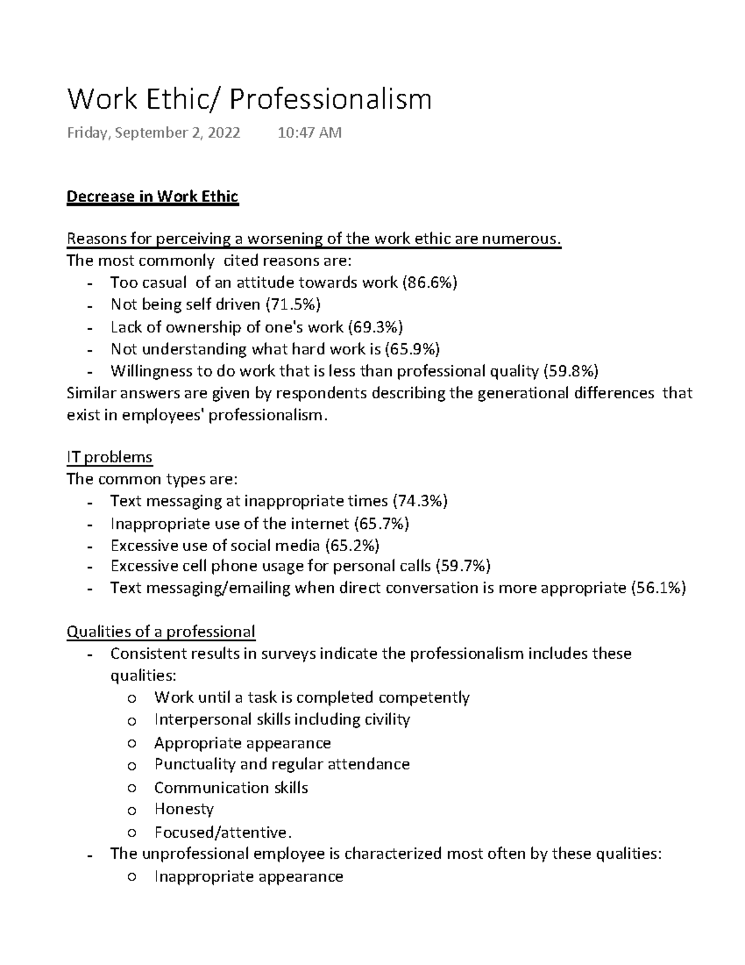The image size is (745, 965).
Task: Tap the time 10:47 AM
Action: coord(310,133)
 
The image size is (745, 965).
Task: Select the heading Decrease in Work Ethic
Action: coord(152,197)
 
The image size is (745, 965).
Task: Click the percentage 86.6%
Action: coord(430,283)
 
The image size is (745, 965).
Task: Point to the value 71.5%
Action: coord(293,304)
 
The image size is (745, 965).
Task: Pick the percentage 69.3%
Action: coord(375,327)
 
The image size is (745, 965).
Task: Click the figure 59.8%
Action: coord(571,372)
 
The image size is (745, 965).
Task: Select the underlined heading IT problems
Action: coord(109,457)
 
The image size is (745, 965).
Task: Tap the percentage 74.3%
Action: coord(420,501)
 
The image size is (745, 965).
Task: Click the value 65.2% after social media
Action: coord(352,546)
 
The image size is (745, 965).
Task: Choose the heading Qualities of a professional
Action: coord(161,632)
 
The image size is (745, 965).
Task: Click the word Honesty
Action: coord(184,809)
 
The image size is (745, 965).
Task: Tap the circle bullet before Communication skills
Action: coord(131,789)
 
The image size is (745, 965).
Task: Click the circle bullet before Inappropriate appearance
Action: coord(131,877)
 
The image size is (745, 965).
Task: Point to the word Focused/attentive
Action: coord(222,832)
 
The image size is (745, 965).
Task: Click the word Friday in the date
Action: coord(87,133)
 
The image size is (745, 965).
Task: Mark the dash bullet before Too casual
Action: coord(91,284)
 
